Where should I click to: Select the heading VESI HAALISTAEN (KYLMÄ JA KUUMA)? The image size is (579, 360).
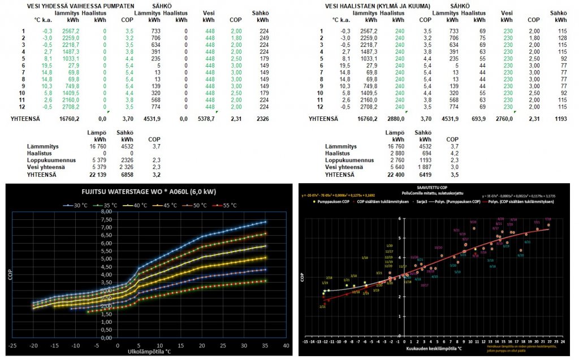378,6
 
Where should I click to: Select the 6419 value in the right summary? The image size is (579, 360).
424,175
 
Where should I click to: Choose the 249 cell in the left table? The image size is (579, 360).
262,38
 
